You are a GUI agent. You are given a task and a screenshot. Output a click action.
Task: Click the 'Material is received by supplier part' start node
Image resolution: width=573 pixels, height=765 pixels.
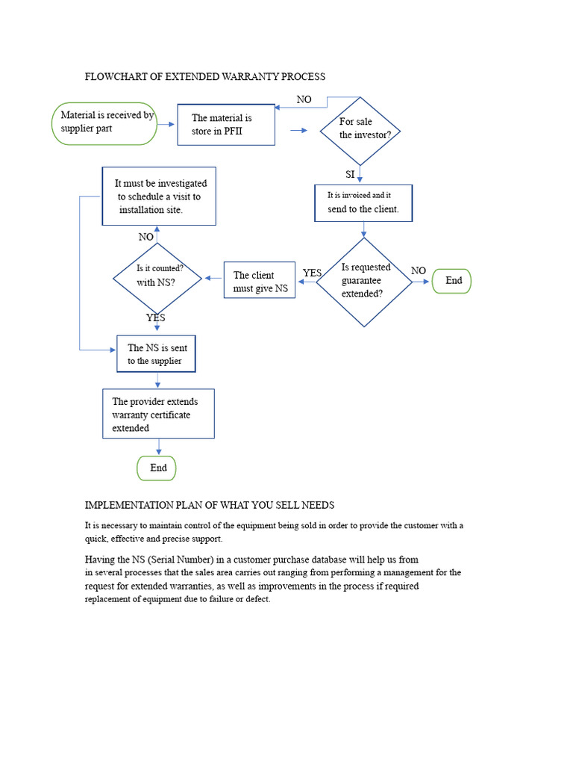[104, 123]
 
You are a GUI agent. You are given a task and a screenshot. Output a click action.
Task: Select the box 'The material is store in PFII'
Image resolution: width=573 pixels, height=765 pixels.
[226, 124]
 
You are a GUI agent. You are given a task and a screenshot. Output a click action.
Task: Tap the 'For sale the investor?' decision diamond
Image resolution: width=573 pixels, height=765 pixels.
[360, 131]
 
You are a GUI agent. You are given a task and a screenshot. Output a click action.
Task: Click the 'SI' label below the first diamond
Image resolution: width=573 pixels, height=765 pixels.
[350, 175]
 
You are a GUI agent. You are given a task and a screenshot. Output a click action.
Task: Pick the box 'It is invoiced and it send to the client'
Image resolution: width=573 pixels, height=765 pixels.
[363, 203]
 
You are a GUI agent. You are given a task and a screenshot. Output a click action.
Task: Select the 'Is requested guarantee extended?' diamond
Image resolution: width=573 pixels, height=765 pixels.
[364, 282]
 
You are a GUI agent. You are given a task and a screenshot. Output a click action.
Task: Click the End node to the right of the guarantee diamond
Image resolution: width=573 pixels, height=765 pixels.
[451, 281]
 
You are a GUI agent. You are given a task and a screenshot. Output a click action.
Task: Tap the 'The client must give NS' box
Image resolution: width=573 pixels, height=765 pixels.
[259, 281]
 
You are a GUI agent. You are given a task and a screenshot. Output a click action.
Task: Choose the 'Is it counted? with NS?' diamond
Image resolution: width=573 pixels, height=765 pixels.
[157, 279]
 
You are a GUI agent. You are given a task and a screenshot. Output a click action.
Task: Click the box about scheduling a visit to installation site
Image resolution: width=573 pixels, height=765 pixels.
[159, 196]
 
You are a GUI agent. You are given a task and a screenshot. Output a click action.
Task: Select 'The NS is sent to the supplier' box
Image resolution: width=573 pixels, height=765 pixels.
[157, 354]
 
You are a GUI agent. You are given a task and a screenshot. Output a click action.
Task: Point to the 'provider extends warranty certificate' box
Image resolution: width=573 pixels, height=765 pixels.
[158, 414]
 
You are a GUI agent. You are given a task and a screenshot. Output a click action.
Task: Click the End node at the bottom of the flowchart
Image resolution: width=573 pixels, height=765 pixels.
[157, 468]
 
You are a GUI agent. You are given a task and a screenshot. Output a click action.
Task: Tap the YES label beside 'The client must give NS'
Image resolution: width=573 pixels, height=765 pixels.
[312, 273]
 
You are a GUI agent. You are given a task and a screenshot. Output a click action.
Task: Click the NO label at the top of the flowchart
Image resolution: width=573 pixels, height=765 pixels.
[304, 100]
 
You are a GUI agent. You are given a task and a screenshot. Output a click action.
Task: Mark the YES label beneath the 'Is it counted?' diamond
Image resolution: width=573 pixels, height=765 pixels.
[156, 318]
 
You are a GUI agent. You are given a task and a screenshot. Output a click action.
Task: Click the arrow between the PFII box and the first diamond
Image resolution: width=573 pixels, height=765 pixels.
[298, 131]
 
